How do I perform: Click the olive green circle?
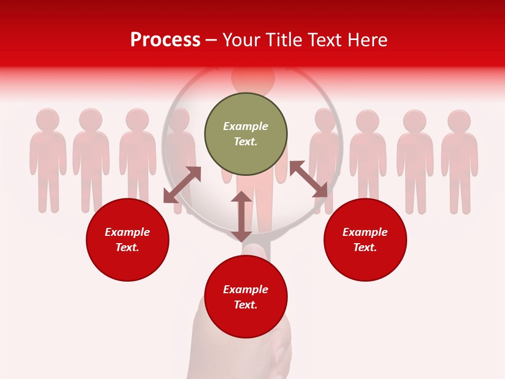[x=246, y=134]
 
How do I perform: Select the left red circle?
[x=127, y=240]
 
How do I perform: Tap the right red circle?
[x=365, y=240]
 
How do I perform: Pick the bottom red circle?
[x=246, y=297]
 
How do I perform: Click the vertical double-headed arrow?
[x=241, y=216]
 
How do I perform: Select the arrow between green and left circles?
[x=182, y=185]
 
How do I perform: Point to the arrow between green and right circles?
[x=308, y=179]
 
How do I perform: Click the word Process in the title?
[x=165, y=39]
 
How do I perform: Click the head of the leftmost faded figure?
[x=48, y=119]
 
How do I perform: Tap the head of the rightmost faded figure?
[x=459, y=121]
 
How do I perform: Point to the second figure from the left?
[x=91, y=158]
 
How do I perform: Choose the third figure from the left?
[x=137, y=158]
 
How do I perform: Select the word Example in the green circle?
[x=246, y=126]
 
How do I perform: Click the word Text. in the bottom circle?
[x=246, y=305]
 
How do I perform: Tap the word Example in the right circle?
[x=365, y=232]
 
